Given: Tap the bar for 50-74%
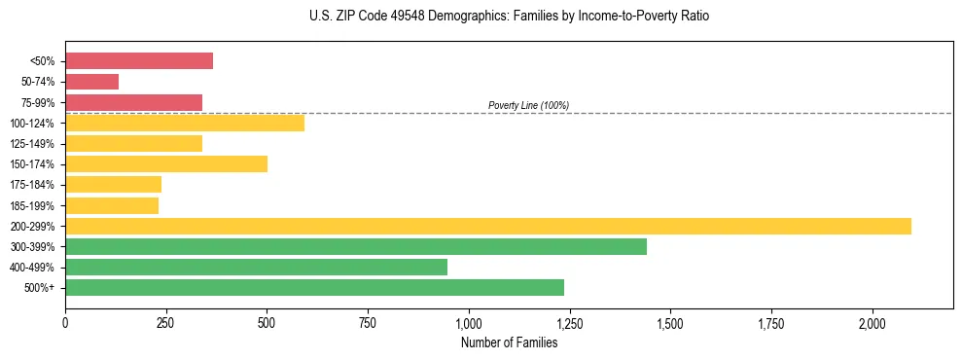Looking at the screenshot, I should click(91, 82).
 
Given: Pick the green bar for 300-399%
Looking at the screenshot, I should click(356, 246).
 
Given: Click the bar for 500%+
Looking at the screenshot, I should click(314, 287).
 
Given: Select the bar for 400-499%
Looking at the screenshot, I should click(256, 267).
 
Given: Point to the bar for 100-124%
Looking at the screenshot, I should click(185, 123).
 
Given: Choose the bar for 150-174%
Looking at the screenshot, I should click(166, 163).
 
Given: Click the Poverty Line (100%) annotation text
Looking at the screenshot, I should click(528, 105).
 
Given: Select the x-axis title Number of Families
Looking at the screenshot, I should click(509, 342).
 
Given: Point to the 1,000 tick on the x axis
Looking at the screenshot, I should click(469, 323).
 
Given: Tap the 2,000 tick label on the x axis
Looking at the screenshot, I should click(873, 323).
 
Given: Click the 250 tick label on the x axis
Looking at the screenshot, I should click(165, 323).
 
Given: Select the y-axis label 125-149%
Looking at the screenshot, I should click(32, 144).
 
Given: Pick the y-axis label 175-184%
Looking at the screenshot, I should click(32, 185).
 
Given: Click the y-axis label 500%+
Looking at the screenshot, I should click(39, 288).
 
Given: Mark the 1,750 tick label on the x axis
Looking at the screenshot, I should click(771, 323).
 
